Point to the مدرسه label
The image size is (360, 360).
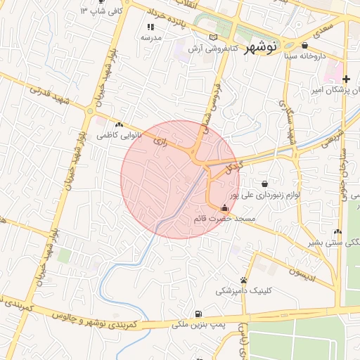point(150,37)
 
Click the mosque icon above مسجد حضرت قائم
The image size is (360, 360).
point(224,207)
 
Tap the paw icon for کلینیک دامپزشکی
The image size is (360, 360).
point(243,280)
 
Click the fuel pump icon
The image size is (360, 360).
point(201,314)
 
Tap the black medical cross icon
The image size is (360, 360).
point(346,78)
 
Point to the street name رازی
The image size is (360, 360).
point(160,142)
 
